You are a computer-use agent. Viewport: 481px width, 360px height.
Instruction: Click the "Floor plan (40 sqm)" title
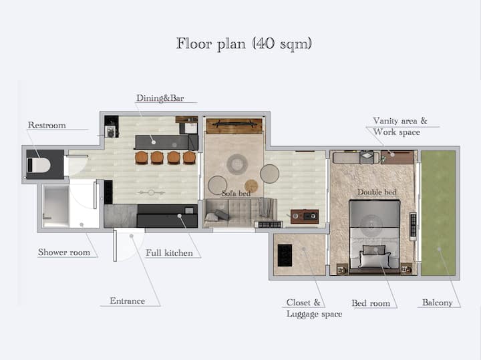pyautogui.click(x=244, y=44)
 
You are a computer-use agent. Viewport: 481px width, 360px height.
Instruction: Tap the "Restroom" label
pyautogui.click(x=47, y=125)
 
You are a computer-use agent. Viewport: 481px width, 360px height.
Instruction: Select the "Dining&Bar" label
pyautogui.click(x=160, y=98)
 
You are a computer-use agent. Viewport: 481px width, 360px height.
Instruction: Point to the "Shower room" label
pyautogui.click(x=64, y=252)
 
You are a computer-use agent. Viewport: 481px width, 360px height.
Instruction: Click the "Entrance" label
pyautogui.click(x=128, y=301)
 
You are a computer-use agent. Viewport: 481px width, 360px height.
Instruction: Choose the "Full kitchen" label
pyautogui.click(x=169, y=253)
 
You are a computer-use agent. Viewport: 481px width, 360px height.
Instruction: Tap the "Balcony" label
pyautogui.click(x=438, y=303)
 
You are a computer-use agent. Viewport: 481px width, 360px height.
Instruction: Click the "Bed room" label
pyautogui.click(x=371, y=303)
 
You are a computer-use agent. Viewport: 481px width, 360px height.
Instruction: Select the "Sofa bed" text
pyautogui.click(x=236, y=194)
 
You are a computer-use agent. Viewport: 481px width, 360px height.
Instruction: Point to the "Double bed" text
pyautogui.click(x=377, y=192)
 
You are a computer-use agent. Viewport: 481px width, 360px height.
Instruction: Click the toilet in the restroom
pyautogui.click(x=39, y=165)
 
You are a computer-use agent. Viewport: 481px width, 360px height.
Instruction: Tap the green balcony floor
pyautogui.click(x=438, y=213)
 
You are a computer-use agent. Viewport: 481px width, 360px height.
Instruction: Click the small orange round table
pyautogui.click(x=251, y=186)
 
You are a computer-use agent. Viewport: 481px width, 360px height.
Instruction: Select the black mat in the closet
pyautogui.click(x=285, y=255)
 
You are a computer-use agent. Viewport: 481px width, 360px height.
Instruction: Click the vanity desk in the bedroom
pyautogui.click(x=397, y=158)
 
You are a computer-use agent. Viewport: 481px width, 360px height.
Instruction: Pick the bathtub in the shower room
pyautogui.click(x=56, y=206)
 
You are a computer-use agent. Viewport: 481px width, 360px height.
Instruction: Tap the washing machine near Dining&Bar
pyautogui.click(x=110, y=132)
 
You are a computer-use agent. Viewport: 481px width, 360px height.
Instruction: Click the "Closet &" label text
pyautogui.click(x=303, y=303)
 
